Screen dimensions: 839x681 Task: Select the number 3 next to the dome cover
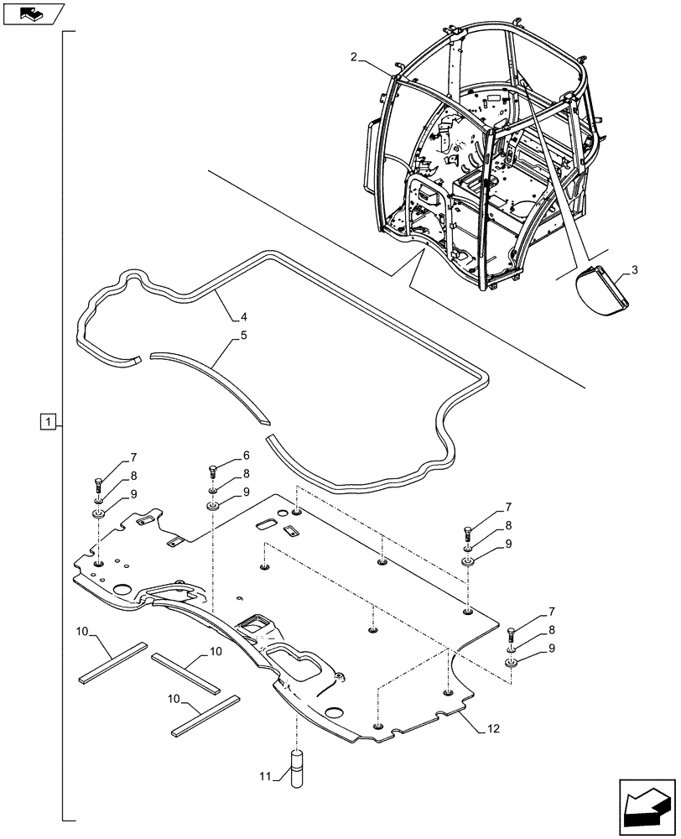pyautogui.click(x=635, y=269)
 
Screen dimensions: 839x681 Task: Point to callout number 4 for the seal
pyautogui.click(x=243, y=317)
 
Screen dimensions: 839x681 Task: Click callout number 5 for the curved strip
pyautogui.click(x=242, y=336)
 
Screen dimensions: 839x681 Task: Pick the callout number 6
pyautogui.click(x=246, y=456)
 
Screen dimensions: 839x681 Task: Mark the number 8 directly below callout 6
pyautogui.click(x=246, y=474)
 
